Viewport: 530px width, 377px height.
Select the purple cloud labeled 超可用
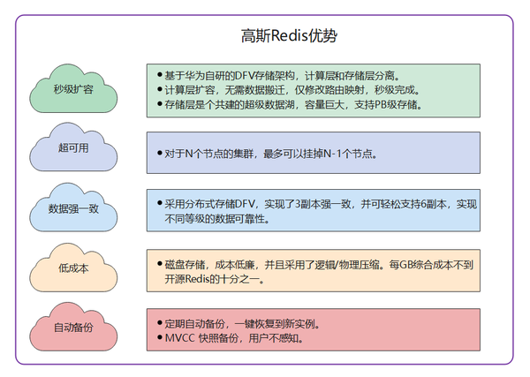point(73,149)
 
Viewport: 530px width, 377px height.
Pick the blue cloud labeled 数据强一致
point(73,208)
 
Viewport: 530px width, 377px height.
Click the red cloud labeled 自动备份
point(73,327)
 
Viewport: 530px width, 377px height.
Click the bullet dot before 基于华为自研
point(158,74)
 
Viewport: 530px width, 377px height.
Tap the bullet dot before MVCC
point(158,337)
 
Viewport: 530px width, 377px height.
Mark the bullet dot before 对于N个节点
point(158,154)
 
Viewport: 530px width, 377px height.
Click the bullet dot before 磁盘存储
point(158,262)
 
